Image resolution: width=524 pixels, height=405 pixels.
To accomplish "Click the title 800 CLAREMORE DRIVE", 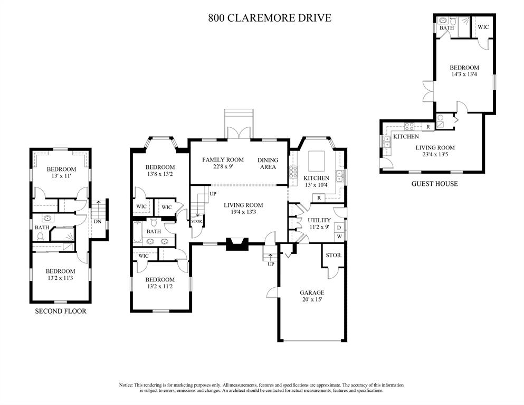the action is pos(270,18).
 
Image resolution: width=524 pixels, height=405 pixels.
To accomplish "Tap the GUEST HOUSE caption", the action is pos(434,184).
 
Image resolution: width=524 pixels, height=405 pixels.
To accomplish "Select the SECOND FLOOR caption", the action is pos(61,311).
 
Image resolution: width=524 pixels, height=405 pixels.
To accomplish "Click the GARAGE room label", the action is pos(312,293).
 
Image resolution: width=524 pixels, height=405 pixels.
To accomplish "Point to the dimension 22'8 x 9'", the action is pos(223,166).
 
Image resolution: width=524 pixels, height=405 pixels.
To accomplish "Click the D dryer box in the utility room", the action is pos(339,228).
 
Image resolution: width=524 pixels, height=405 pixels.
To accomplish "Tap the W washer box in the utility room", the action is pos(339,237).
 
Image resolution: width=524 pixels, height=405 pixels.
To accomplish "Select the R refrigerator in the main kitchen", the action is pos(319,198).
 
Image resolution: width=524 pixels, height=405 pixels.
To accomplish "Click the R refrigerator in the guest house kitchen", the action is pos(428,127).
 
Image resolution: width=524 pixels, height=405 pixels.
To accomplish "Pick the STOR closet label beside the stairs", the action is pos(196,221).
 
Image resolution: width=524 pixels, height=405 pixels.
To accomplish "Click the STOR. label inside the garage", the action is pos(334,255).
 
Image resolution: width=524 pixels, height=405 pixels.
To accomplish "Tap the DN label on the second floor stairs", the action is pos(97,221).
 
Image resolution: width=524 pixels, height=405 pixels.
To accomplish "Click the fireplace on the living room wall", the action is pos(237,244).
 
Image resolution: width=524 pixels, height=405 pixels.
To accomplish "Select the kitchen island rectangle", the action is pos(316,161).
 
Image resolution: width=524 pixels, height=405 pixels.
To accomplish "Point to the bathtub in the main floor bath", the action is pos(137,233).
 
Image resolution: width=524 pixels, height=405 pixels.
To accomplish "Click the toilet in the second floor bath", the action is pos(41,236).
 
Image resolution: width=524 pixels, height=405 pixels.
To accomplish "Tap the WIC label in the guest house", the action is pos(483,27).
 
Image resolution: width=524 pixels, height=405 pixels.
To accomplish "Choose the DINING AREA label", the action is pos(268,164).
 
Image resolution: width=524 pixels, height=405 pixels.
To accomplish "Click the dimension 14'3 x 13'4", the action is pos(464,74).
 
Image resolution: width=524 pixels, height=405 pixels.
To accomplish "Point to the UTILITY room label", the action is pos(319,220).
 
